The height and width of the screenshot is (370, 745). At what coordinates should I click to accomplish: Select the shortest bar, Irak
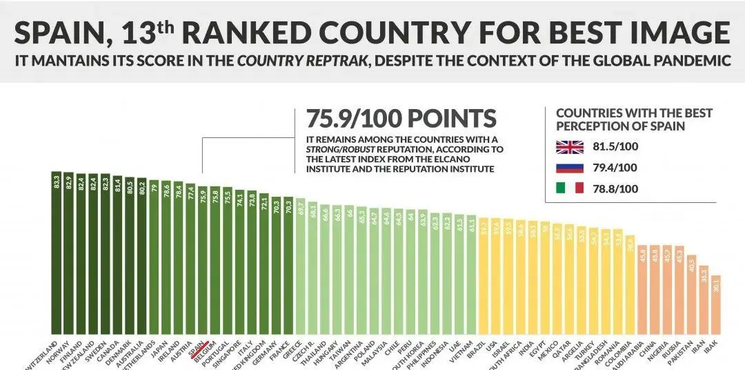(x=716, y=304)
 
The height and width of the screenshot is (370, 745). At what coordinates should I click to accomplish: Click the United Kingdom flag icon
(x=569, y=147)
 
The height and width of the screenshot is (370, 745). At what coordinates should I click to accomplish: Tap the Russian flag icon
(x=569, y=168)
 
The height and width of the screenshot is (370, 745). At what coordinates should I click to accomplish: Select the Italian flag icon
(x=569, y=188)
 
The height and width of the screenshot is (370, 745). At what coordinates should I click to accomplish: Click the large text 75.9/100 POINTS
(x=395, y=119)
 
